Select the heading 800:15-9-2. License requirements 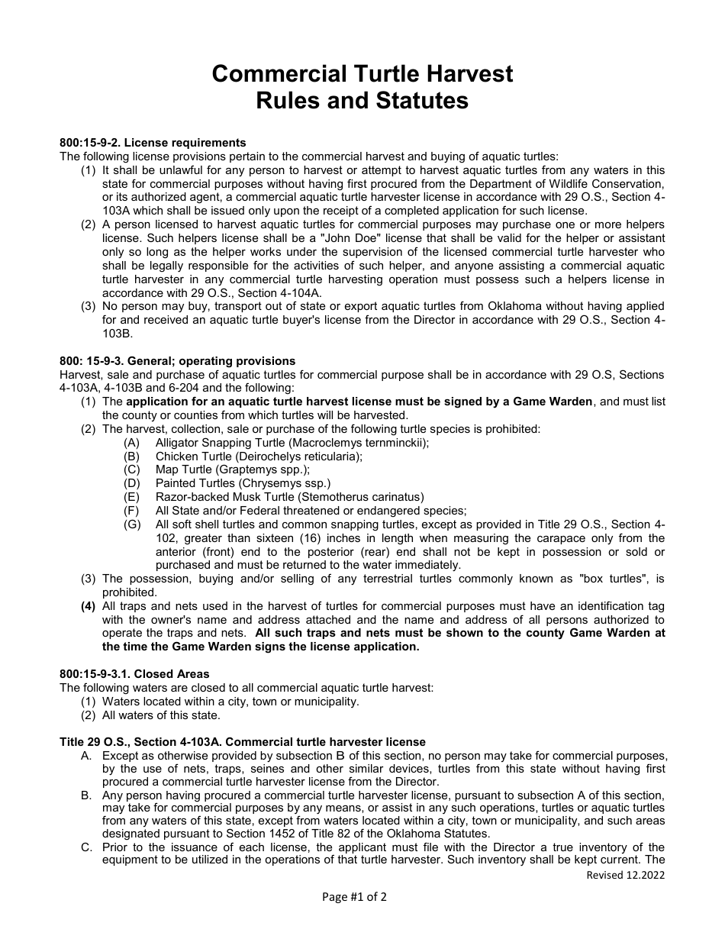(x=153, y=143)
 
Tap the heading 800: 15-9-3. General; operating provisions (x=177, y=361)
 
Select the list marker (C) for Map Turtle (x=133, y=469)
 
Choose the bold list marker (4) (x=89, y=607)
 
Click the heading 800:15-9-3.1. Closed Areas (x=134, y=674)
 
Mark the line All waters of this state (x=161, y=715)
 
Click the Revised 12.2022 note (x=625, y=875)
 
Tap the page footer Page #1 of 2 (x=354, y=897)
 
